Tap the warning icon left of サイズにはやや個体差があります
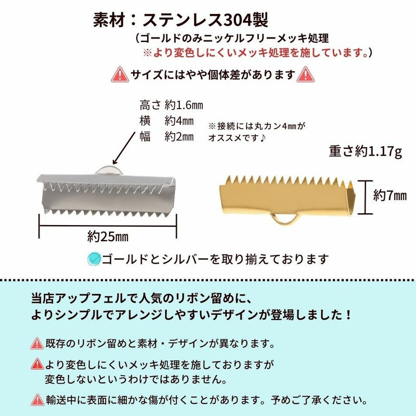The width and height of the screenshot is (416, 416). click(120, 75)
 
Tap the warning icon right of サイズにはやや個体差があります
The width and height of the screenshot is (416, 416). click(305, 75)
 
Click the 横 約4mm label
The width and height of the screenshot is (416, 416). click(166, 121)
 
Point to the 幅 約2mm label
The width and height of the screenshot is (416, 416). click(166, 137)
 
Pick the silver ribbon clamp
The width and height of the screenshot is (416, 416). click(108, 193)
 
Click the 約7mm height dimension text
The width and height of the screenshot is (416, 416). click(389, 196)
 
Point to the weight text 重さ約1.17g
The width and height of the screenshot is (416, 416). click(366, 151)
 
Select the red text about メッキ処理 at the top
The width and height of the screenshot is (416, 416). click(258, 53)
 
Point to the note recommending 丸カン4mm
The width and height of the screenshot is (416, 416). click(258, 132)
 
